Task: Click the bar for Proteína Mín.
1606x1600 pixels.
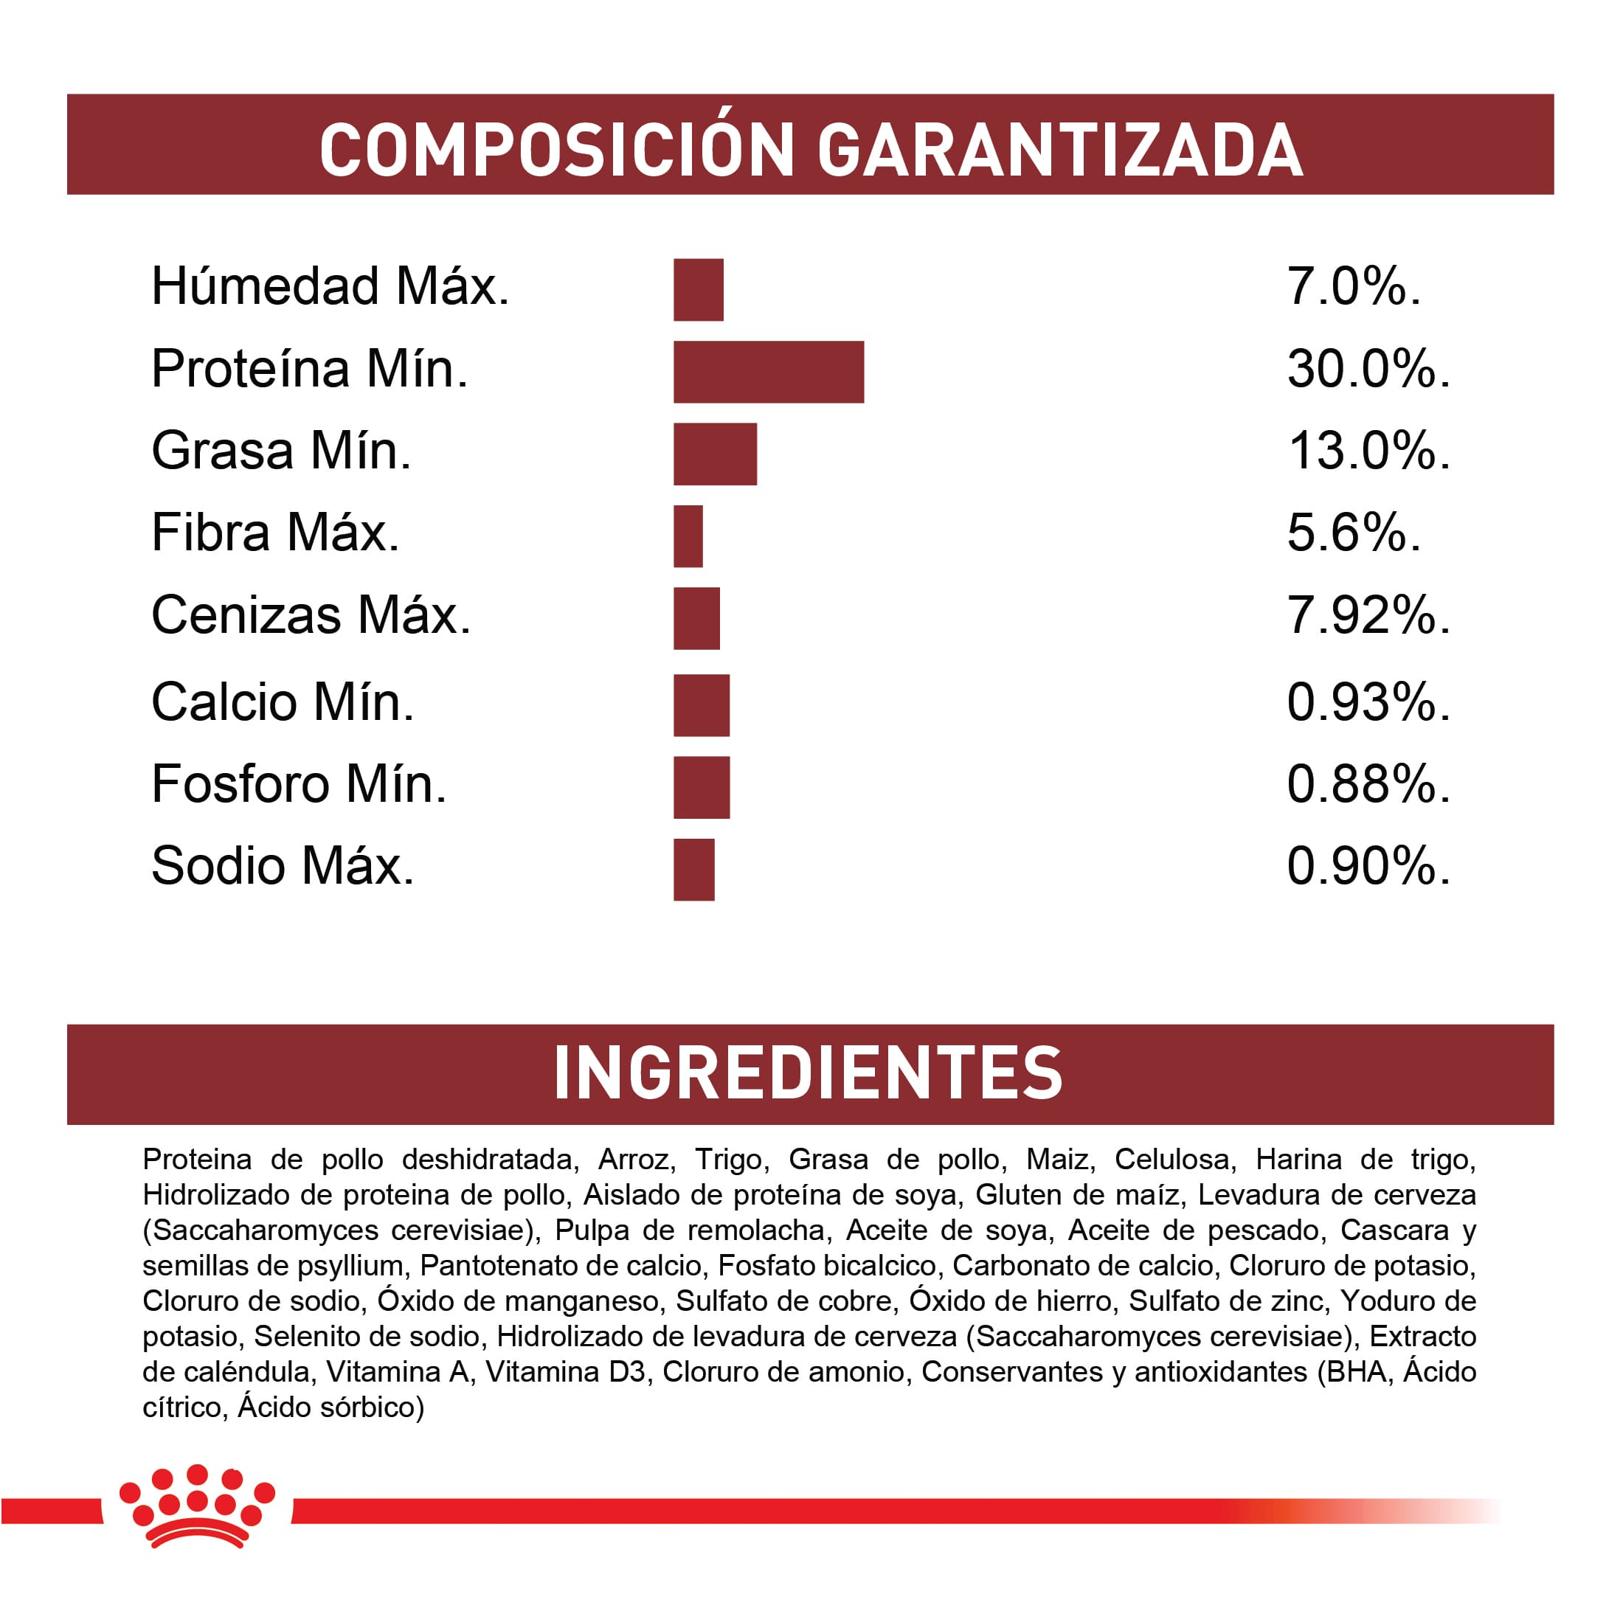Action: point(768,372)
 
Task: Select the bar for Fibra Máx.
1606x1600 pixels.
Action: point(688,536)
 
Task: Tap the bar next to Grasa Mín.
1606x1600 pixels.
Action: point(715,454)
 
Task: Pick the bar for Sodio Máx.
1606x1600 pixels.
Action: point(693,870)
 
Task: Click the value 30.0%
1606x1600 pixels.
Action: point(1368,368)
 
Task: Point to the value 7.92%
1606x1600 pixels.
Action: point(1368,615)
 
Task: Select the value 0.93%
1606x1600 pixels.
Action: point(1368,702)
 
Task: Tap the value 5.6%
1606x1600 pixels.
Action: point(1353,533)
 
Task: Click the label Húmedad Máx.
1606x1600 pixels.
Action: point(330,286)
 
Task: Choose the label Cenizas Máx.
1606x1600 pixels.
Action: point(311,615)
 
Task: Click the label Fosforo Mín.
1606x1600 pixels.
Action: point(300,784)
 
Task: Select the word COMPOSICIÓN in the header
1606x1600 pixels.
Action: point(557,150)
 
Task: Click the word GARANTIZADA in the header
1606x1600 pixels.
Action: point(1060,150)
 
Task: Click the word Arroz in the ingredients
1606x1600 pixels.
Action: point(634,1159)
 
